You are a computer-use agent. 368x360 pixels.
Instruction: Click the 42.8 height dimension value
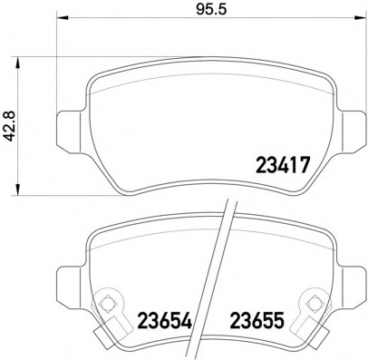click(x=11, y=126)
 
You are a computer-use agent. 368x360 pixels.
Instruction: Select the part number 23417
click(x=283, y=165)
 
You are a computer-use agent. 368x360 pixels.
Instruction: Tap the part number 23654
click(x=165, y=320)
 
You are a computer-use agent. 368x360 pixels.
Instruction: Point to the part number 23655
click(x=257, y=320)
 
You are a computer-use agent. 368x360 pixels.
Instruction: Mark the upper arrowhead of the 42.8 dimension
click(x=18, y=63)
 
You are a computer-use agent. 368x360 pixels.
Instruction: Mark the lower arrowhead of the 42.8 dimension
click(x=18, y=189)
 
